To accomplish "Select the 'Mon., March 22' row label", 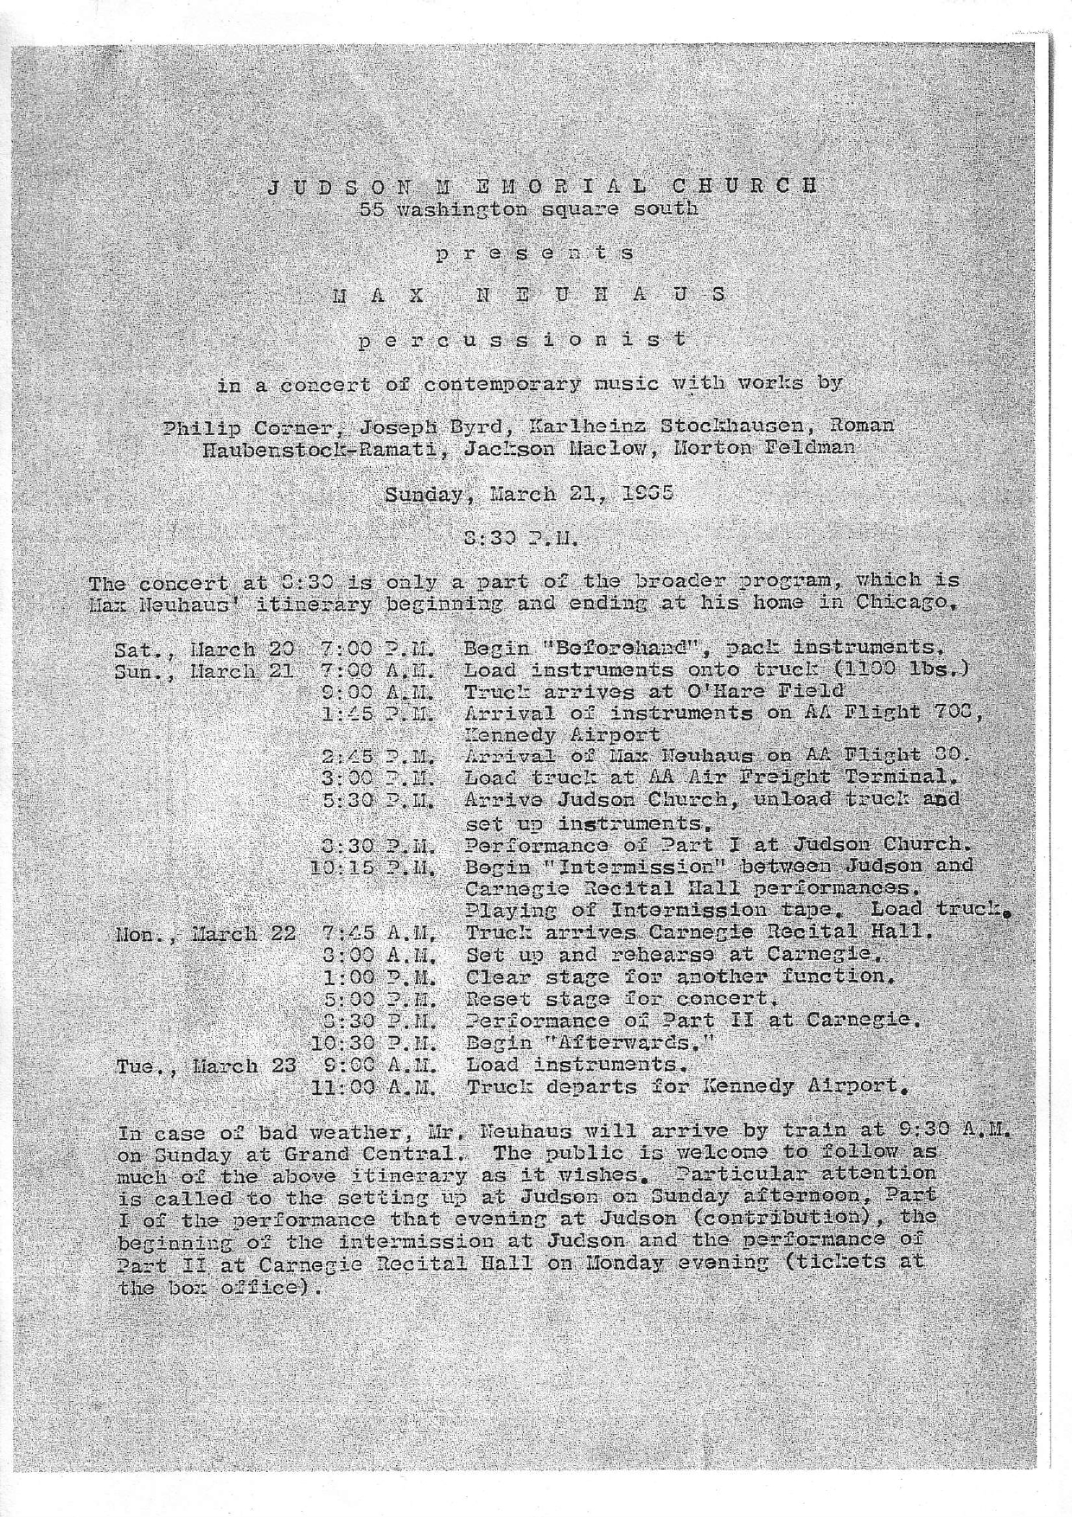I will coord(207,933).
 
